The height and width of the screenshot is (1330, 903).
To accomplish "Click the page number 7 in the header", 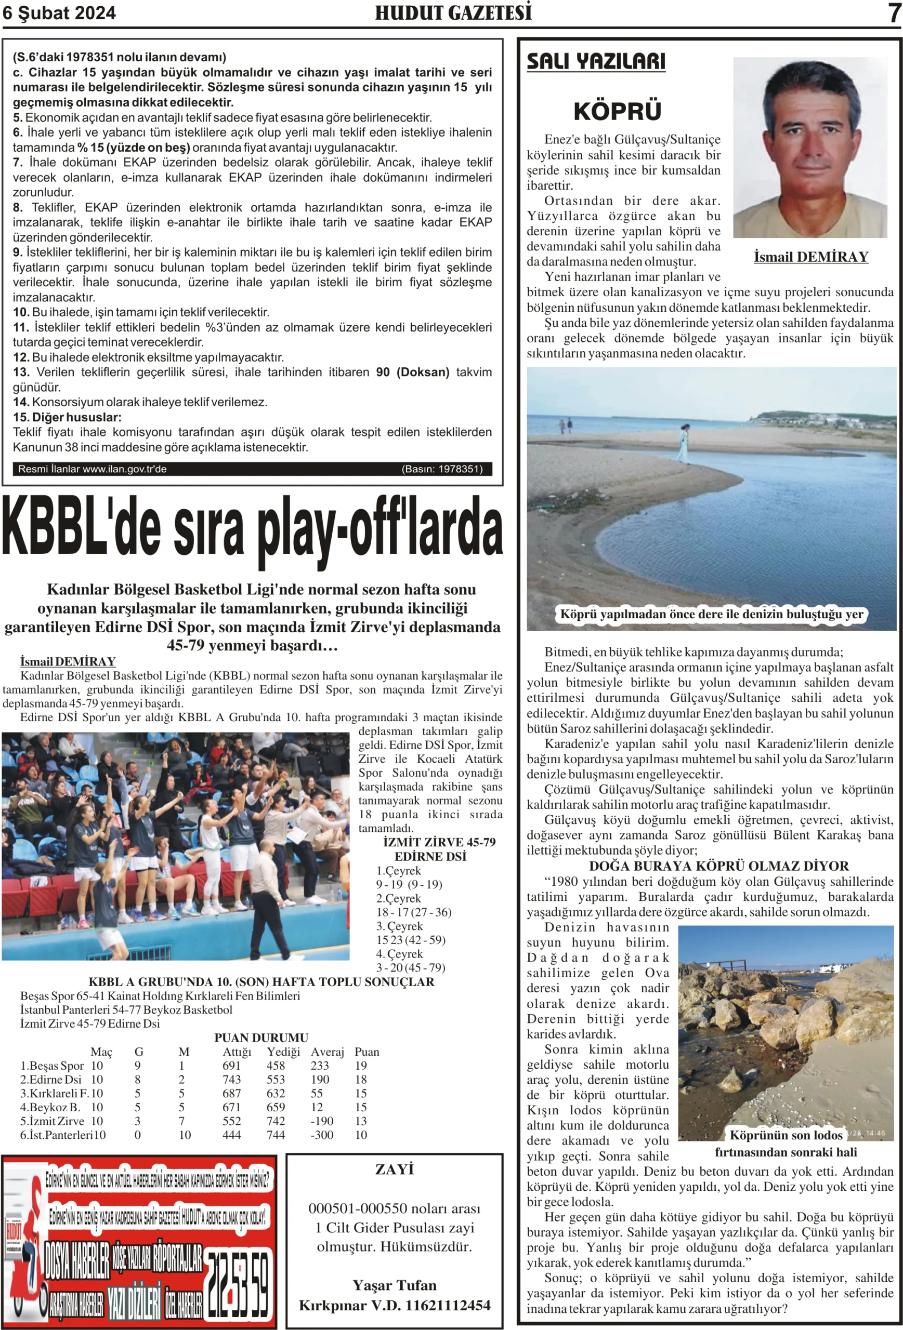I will (x=894, y=12).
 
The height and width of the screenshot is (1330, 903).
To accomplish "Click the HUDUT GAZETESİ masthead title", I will (x=453, y=12).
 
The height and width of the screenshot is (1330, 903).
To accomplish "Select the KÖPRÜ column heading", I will (x=617, y=111).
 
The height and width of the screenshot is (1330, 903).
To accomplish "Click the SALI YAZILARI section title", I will (x=596, y=61).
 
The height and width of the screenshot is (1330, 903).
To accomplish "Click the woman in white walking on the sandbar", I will (x=684, y=442).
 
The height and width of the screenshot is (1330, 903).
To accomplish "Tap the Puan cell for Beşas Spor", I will (x=361, y=1066).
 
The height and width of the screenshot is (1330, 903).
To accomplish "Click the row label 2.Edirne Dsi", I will (x=51, y=1080).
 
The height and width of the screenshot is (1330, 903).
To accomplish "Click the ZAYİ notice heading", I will (x=395, y=1169).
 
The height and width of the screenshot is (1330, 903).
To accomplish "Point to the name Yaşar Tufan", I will (x=395, y=1285).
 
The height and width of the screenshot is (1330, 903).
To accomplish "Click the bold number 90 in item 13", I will (x=383, y=372).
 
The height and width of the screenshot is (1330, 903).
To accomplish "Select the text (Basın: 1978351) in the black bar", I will (x=441, y=469).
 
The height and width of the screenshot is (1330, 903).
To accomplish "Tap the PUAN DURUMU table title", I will (x=261, y=1038).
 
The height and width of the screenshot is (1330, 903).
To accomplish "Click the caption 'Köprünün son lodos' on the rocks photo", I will (x=786, y=1135).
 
